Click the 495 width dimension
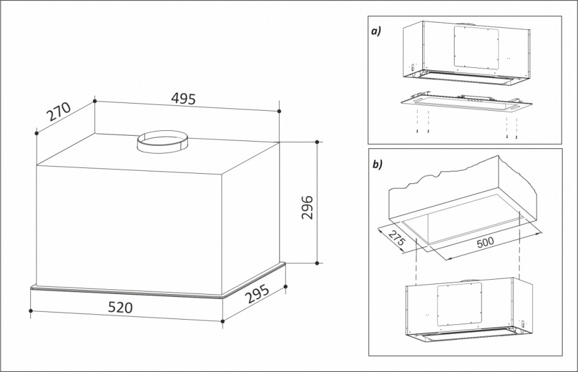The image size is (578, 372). tap(184, 99)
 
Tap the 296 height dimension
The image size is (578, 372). tap(307, 207)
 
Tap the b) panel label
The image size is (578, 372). tap(377, 164)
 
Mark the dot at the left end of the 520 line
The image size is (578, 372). tap(30, 310)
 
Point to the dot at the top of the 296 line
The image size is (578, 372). tap(317, 142)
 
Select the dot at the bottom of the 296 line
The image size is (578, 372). tap(317, 262)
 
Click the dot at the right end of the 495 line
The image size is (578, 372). tap(279, 111)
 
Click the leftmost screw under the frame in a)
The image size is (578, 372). tap(419, 132)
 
